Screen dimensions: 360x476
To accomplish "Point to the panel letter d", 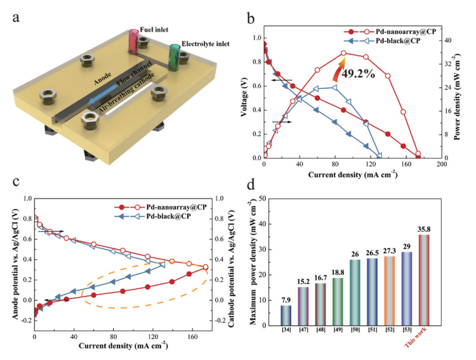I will pyautogui.click(x=251, y=186).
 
